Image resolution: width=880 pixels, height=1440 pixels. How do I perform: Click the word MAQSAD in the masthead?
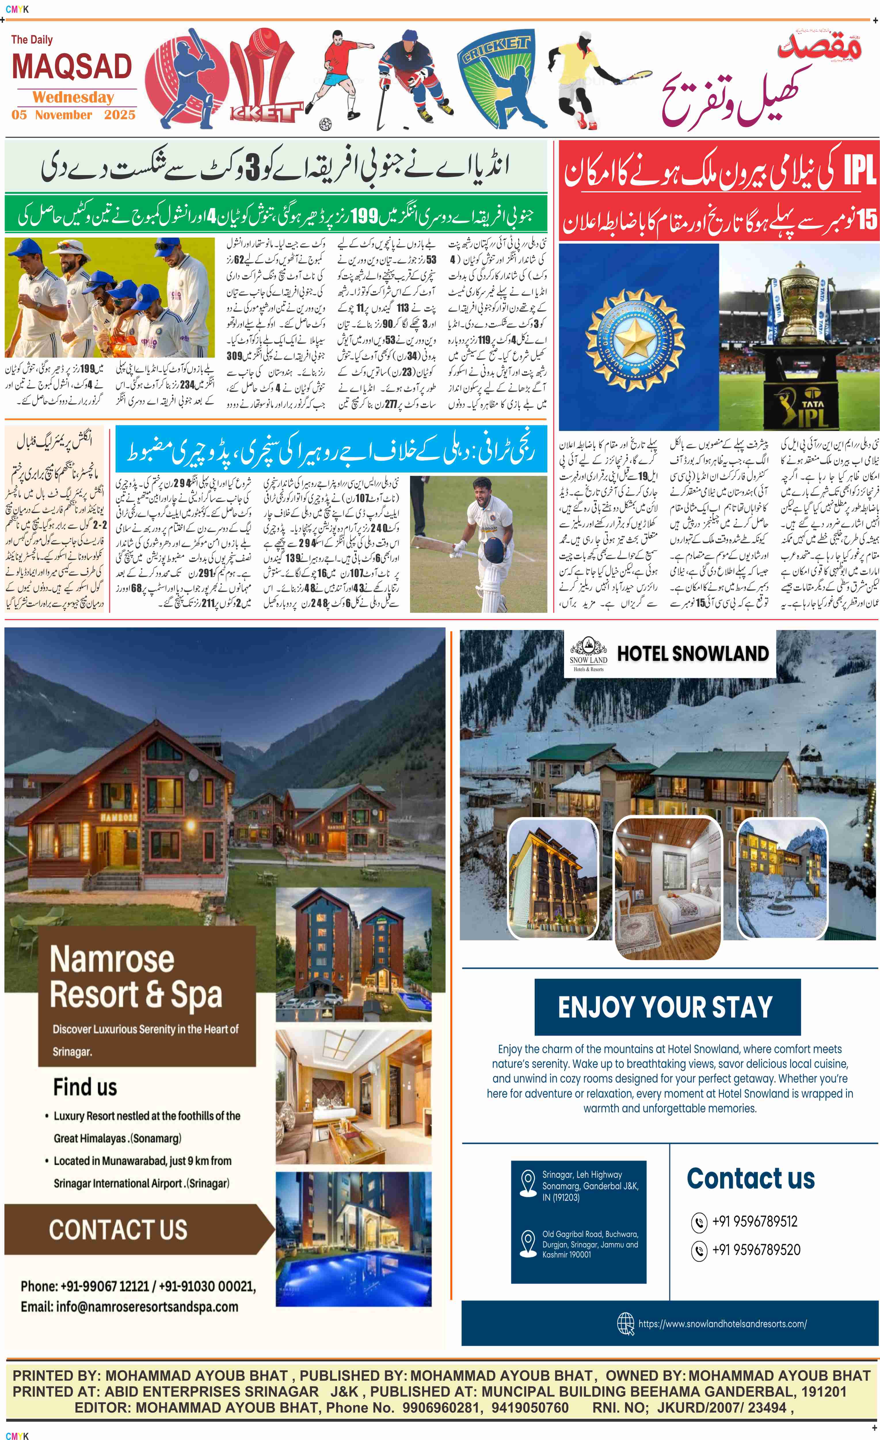pyautogui.click(x=72, y=67)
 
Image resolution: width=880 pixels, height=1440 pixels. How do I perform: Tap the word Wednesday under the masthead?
pyautogui.click(x=73, y=97)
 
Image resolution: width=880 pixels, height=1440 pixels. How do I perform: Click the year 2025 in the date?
pyautogui.click(x=120, y=115)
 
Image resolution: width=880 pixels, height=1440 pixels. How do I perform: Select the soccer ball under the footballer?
pyautogui.click(x=325, y=124)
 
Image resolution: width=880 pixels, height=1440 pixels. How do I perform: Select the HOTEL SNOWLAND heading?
pyautogui.click(x=693, y=653)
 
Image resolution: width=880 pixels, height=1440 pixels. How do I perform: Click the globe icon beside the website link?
pyautogui.click(x=625, y=1324)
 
